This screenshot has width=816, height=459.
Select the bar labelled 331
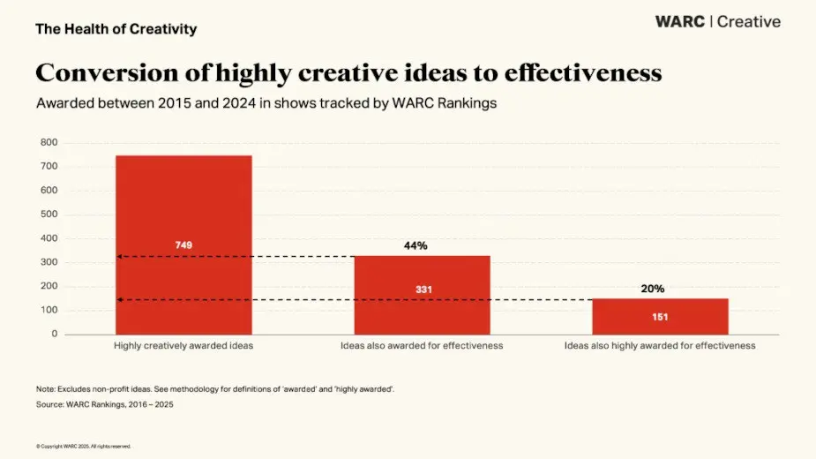pyautogui.click(x=422, y=309)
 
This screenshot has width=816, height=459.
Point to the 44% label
pyautogui.click(x=415, y=245)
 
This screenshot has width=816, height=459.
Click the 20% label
pyautogui.click(x=653, y=289)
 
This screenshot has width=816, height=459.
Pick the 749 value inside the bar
pyautogui.click(x=183, y=245)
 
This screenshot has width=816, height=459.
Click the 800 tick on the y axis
pyautogui.click(x=49, y=142)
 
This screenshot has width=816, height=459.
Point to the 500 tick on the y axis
pyautogui.click(x=49, y=214)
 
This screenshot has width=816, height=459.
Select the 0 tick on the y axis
pyautogui.click(x=55, y=334)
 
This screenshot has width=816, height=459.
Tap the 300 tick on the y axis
pyautogui.click(x=49, y=262)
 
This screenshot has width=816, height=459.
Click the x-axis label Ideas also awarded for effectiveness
pyautogui.click(x=422, y=346)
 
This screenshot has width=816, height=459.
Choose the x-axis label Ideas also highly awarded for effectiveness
pyautogui.click(x=660, y=346)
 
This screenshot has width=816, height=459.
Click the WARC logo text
pyautogui.click(x=680, y=22)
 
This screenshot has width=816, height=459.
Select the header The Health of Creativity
pyautogui.click(x=116, y=29)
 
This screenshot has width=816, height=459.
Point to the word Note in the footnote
pyautogui.click(x=46, y=389)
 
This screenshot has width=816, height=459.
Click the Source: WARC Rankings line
pyautogui.click(x=112, y=404)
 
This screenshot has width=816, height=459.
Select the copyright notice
pyautogui.click(x=84, y=446)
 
